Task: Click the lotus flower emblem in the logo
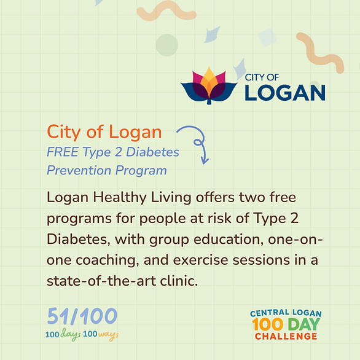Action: pos(209,85)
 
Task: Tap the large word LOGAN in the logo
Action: pos(285,93)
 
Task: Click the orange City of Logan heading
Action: pos(104,132)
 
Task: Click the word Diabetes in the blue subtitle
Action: pos(152,152)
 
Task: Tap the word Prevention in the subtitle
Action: pos(79,170)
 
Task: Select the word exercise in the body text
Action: pos(200,260)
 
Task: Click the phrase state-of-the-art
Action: pos(101,281)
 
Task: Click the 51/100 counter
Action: pos(82,316)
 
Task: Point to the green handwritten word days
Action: pos(71,334)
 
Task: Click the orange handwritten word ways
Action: pos(108,335)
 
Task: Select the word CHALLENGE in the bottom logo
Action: pos(286,337)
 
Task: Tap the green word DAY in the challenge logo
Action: pos(304,324)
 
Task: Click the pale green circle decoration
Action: pos(167,45)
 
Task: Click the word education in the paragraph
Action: pos(229,240)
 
